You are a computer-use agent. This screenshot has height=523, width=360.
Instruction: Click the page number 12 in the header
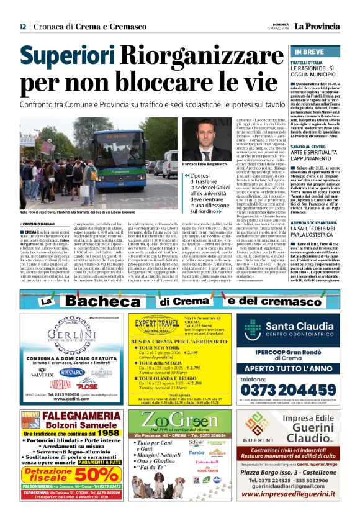[22, 27]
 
